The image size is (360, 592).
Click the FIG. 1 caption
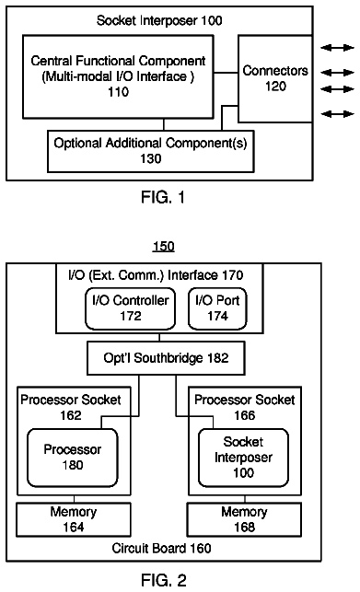click(x=163, y=197)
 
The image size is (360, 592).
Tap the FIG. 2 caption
click(x=164, y=580)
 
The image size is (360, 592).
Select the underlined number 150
click(x=164, y=247)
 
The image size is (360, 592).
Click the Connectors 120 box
click(x=275, y=79)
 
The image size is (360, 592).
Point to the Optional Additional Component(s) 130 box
click(x=151, y=151)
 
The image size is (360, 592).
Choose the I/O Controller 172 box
click(x=131, y=308)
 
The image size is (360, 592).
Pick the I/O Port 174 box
click(x=217, y=308)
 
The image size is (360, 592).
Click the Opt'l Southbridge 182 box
click(x=166, y=358)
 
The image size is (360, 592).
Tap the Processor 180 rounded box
click(x=73, y=458)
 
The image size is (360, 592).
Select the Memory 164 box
click(x=74, y=519)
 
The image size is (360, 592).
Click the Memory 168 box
click(x=244, y=519)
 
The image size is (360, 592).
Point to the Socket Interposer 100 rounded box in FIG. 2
click(x=243, y=458)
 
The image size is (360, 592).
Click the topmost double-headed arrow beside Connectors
click(x=337, y=48)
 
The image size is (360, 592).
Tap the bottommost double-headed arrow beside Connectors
click(x=337, y=113)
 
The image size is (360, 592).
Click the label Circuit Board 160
click(x=161, y=548)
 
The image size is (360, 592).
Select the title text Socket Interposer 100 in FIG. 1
click(x=159, y=20)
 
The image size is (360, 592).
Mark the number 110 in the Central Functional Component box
click(x=118, y=92)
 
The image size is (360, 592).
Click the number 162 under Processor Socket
click(x=71, y=415)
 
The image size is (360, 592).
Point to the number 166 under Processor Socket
click(x=244, y=415)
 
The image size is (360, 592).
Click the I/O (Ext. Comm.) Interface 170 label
click(x=156, y=275)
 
